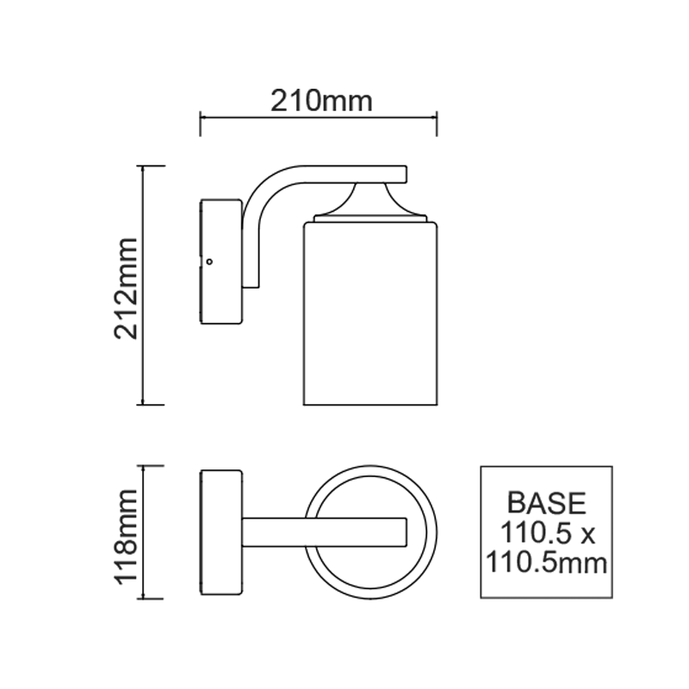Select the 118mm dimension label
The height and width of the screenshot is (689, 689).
point(128,534)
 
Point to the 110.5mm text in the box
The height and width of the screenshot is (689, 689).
point(546,564)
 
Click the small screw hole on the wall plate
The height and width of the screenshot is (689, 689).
point(210,260)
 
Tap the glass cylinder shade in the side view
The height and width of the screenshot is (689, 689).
point(372,314)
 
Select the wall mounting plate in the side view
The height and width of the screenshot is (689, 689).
point(220,262)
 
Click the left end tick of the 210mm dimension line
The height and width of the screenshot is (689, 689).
point(201,123)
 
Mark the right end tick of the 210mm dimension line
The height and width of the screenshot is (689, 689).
point(438,123)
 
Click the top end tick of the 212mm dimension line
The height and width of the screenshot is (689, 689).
point(152,166)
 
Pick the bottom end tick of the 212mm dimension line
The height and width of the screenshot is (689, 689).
point(152,404)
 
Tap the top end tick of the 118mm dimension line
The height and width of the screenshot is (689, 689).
point(152,466)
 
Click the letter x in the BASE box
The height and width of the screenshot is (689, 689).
point(588,535)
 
